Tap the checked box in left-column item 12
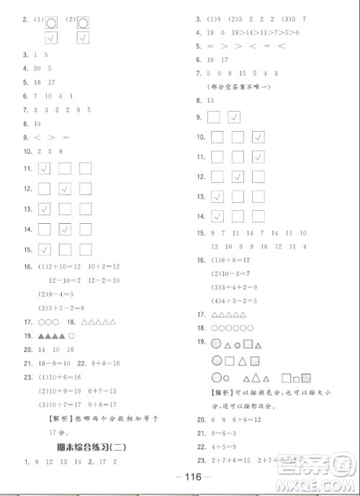66,189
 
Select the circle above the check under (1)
50,22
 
